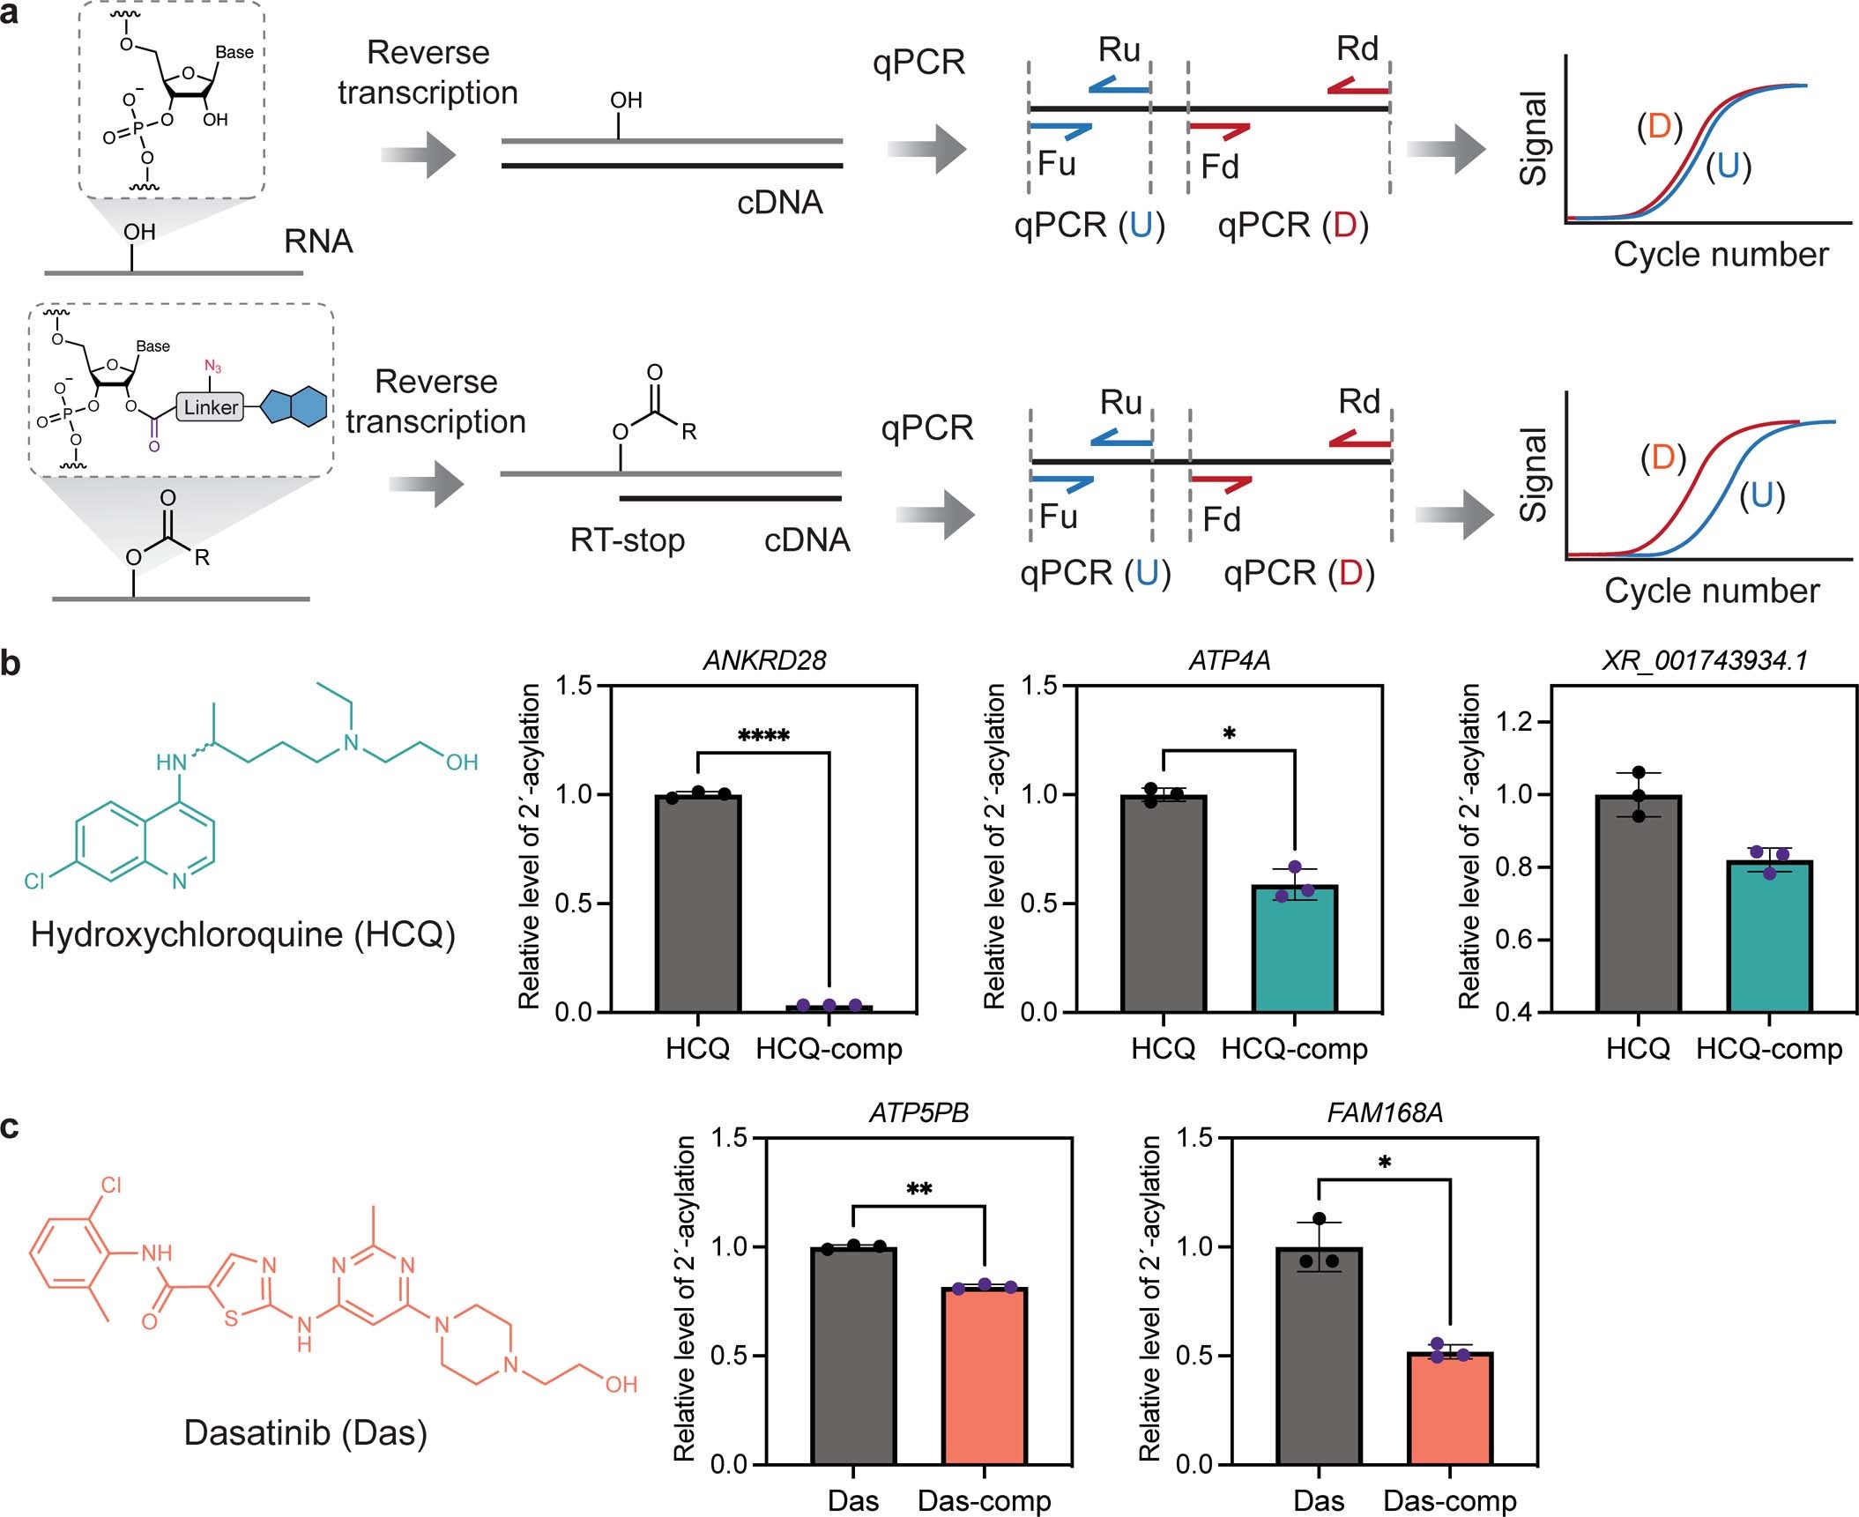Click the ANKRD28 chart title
tap(764, 660)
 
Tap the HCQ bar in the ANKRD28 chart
tap(698, 903)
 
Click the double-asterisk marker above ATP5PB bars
tap(918, 1190)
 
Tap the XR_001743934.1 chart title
tap(1704, 660)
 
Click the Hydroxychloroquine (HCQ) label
tap(242, 934)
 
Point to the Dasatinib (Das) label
tap(305, 1432)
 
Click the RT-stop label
tap(627, 539)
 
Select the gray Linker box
tap(211, 407)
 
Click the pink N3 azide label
tap(212, 366)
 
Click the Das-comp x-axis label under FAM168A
tap(1449, 1500)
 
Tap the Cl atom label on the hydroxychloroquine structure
tap(34, 881)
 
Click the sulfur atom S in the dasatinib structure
tap(231, 1319)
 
